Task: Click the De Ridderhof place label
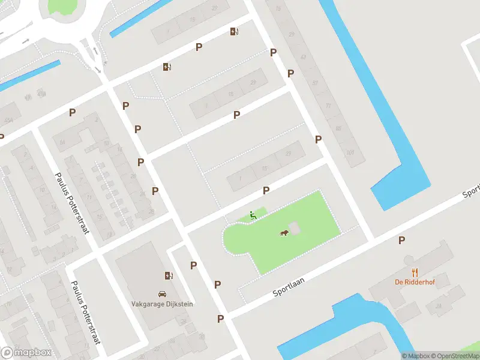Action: pos(414,282)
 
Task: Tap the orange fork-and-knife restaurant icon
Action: pos(414,272)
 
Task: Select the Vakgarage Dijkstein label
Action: pos(162,304)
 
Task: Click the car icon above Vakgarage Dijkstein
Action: pos(162,294)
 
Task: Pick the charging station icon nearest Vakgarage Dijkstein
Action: pos(169,276)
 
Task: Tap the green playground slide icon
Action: pos(253,215)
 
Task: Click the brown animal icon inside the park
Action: pos(284,233)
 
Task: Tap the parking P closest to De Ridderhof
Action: pos(402,241)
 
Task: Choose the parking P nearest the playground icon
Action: pos(266,190)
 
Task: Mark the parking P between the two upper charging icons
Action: pos(199,47)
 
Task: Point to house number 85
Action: pos(338,128)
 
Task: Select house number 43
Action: pos(303,58)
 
